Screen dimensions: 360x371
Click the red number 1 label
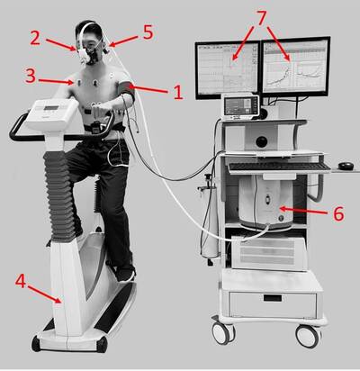click(178, 92)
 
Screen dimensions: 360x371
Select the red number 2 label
click(35, 38)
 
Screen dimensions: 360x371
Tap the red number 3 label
click(31, 77)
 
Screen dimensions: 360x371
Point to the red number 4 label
click(21, 282)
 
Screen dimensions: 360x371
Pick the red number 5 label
click(148, 32)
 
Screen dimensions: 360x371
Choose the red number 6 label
click(338, 214)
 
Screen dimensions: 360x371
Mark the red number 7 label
click(262, 18)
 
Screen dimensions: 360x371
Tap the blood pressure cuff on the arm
click(128, 91)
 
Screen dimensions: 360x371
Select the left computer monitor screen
click(228, 69)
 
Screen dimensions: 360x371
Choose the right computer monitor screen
click(295, 67)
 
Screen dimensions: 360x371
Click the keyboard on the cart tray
click(278, 167)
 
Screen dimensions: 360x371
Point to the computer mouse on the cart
click(346, 166)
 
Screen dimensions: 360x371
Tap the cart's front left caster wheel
click(223, 332)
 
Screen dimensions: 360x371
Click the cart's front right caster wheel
click(308, 336)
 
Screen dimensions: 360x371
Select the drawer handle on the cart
click(273, 298)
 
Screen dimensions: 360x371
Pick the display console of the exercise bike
click(51, 113)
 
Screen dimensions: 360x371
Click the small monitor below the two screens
click(241, 105)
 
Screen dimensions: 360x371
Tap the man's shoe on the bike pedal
click(125, 274)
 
